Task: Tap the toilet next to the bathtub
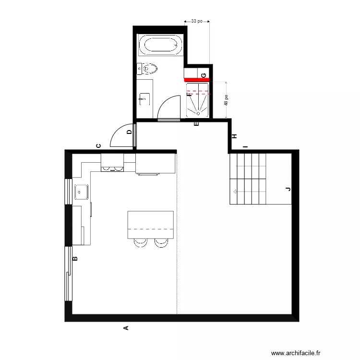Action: [149, 70]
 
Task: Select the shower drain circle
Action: [199, 114]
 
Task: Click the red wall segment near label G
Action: [197, 80]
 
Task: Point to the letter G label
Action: [204, 75]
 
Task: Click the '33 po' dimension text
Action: [196, 21]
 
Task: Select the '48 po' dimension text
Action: [226, 100]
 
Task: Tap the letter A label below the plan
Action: [126, 328]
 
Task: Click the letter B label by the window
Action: [74, 259]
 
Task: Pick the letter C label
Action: [98, 146]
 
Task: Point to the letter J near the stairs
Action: [288, 190]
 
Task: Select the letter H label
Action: [234, 136]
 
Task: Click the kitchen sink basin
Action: [80, 192]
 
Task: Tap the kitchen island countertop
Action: [150, 224]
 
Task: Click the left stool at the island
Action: [140, 242]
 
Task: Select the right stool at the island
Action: [161, 242]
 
